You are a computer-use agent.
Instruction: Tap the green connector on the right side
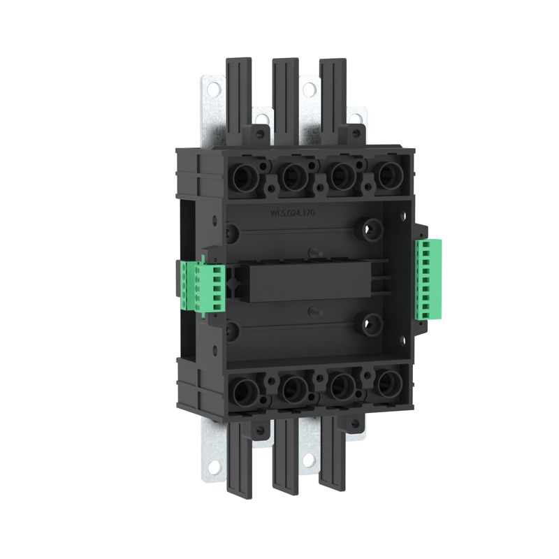[428, 279]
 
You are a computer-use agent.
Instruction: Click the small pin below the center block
[312, 314]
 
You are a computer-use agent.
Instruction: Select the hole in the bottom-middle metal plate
[308, 459]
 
